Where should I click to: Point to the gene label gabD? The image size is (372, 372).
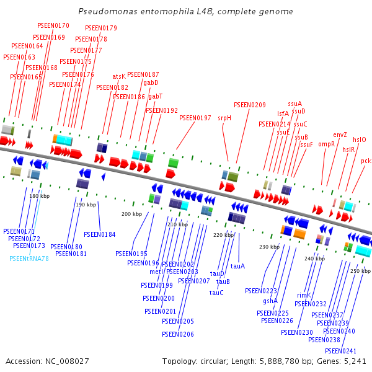click(151, 82)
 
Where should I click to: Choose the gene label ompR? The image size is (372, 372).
click(327, 144)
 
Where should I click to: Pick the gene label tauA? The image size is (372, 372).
click(237, 266)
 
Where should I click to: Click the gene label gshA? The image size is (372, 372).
click(270, 301)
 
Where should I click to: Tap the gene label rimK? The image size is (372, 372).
click(304, 296)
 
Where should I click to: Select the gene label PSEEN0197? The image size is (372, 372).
click(195, 118)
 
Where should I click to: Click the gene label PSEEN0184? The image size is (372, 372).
click(100, 234)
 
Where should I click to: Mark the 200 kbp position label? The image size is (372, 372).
click(131, 214)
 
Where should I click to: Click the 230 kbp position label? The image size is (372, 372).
click(269, 247)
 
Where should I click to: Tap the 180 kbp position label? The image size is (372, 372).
click(39, 196)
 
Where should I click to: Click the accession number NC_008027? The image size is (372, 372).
click(47, 361)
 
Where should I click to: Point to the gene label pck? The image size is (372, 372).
click(366, 161)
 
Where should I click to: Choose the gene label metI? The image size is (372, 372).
click(156, 272)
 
